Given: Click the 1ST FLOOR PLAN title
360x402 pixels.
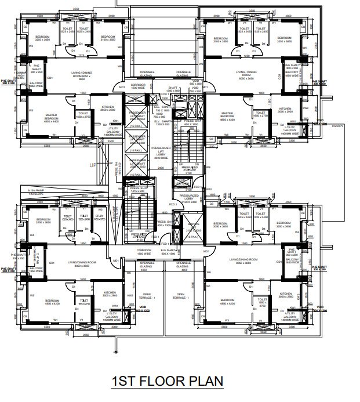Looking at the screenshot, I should tap(168, 382).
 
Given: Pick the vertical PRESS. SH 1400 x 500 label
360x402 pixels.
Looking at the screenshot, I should tap(118, 172).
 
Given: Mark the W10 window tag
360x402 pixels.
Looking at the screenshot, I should tap(209, 189).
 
